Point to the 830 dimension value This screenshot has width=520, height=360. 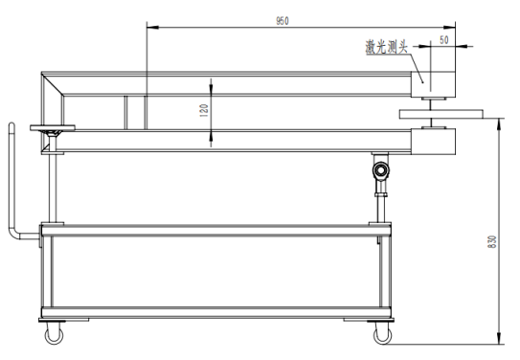[x=492, y=243]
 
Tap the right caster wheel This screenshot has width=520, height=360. [x=381, y=333]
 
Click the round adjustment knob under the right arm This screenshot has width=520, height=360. [x=381, y=171]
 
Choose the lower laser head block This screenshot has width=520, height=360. [x=436, y=142]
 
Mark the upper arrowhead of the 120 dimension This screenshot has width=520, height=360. [x=212, y=83]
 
